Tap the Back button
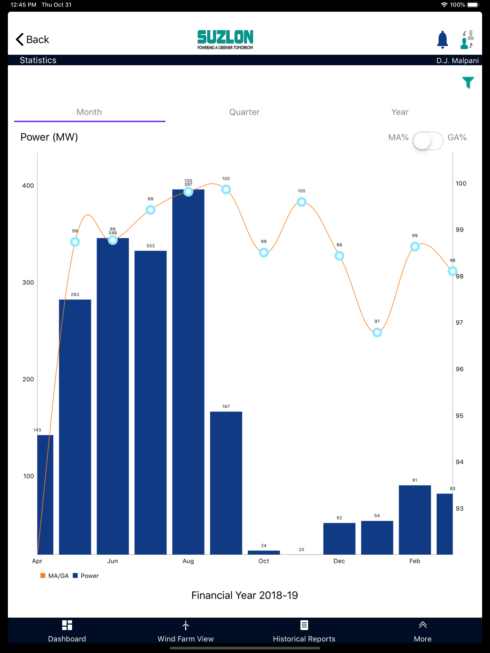(32, 39)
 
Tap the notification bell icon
(442, 39)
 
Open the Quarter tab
(245, 112)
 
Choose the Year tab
(400, 112)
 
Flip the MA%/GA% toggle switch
(428, 141)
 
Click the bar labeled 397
(188, 372)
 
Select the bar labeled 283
(75, 427)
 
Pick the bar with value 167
(226, 483)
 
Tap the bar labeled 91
(415, 520)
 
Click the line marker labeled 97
(377, 333)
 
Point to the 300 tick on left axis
(28, 283)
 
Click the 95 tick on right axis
(460, 416)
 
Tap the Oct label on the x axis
(264, 561)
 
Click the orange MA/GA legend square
(43, 575)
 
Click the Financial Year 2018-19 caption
(245, 595)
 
